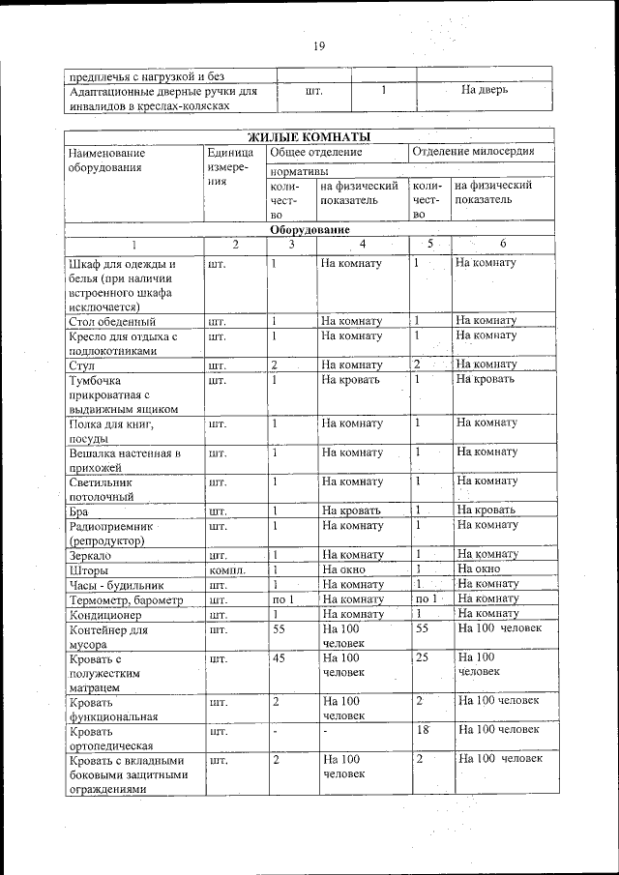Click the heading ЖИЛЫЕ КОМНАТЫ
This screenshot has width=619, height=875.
click(309, 136)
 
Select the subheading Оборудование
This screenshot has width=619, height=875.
click(309, 230)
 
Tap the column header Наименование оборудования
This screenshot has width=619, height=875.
click(107, 160)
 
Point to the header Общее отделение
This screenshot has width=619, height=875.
click(316, 152)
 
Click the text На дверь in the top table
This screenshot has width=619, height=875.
click(485, 90)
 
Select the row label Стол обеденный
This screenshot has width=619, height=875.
click(112, 321)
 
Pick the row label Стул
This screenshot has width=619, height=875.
click(81, 365)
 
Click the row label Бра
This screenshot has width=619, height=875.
click(79, 510)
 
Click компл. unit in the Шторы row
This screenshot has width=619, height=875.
click(227, 569)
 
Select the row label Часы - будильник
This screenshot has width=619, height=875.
click(117, 585)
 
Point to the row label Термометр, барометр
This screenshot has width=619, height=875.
click(127, 599)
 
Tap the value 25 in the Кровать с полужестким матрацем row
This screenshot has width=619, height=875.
click(422, 657)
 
